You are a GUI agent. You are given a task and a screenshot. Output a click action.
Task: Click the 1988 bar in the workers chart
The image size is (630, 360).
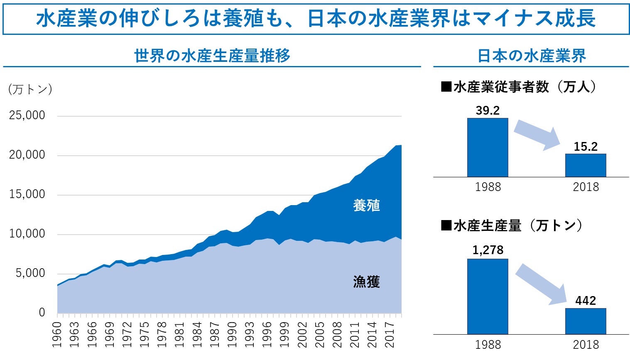click(x=488, y=147)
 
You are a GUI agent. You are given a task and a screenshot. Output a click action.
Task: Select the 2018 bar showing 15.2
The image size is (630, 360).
click(x=585, y=165)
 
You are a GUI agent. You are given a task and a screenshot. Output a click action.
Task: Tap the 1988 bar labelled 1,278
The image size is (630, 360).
click(x=488, y=296)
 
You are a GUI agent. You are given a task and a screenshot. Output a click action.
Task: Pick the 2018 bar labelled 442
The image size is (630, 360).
click(x=585, y=321)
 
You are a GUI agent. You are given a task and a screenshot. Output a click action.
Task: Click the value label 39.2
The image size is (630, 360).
click(x=488, y=110)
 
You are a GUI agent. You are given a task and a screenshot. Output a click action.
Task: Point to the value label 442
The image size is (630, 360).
click(x=586, y=300)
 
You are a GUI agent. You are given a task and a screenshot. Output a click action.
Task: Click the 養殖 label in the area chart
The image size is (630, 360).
click(x=366, y=206)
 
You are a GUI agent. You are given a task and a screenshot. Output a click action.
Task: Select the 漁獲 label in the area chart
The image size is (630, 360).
click(x=366, y=282)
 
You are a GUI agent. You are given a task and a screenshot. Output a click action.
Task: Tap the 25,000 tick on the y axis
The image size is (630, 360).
click(x=27, y=115)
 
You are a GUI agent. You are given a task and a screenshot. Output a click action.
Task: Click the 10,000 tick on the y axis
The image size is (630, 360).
click(x=27, y=234)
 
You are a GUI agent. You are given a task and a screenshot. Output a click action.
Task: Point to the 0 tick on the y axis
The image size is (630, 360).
click(x=42, y=313)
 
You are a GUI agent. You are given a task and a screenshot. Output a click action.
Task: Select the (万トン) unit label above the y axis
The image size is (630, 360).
click(x=30, y=89)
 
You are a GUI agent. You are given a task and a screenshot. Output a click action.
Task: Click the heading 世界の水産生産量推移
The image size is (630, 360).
click(x=212, y=56)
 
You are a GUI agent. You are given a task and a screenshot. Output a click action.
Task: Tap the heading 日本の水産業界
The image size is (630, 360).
click(x=531, y=56)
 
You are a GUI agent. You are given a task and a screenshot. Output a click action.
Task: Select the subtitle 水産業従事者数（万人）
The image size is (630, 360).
click(x=519, y=87)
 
